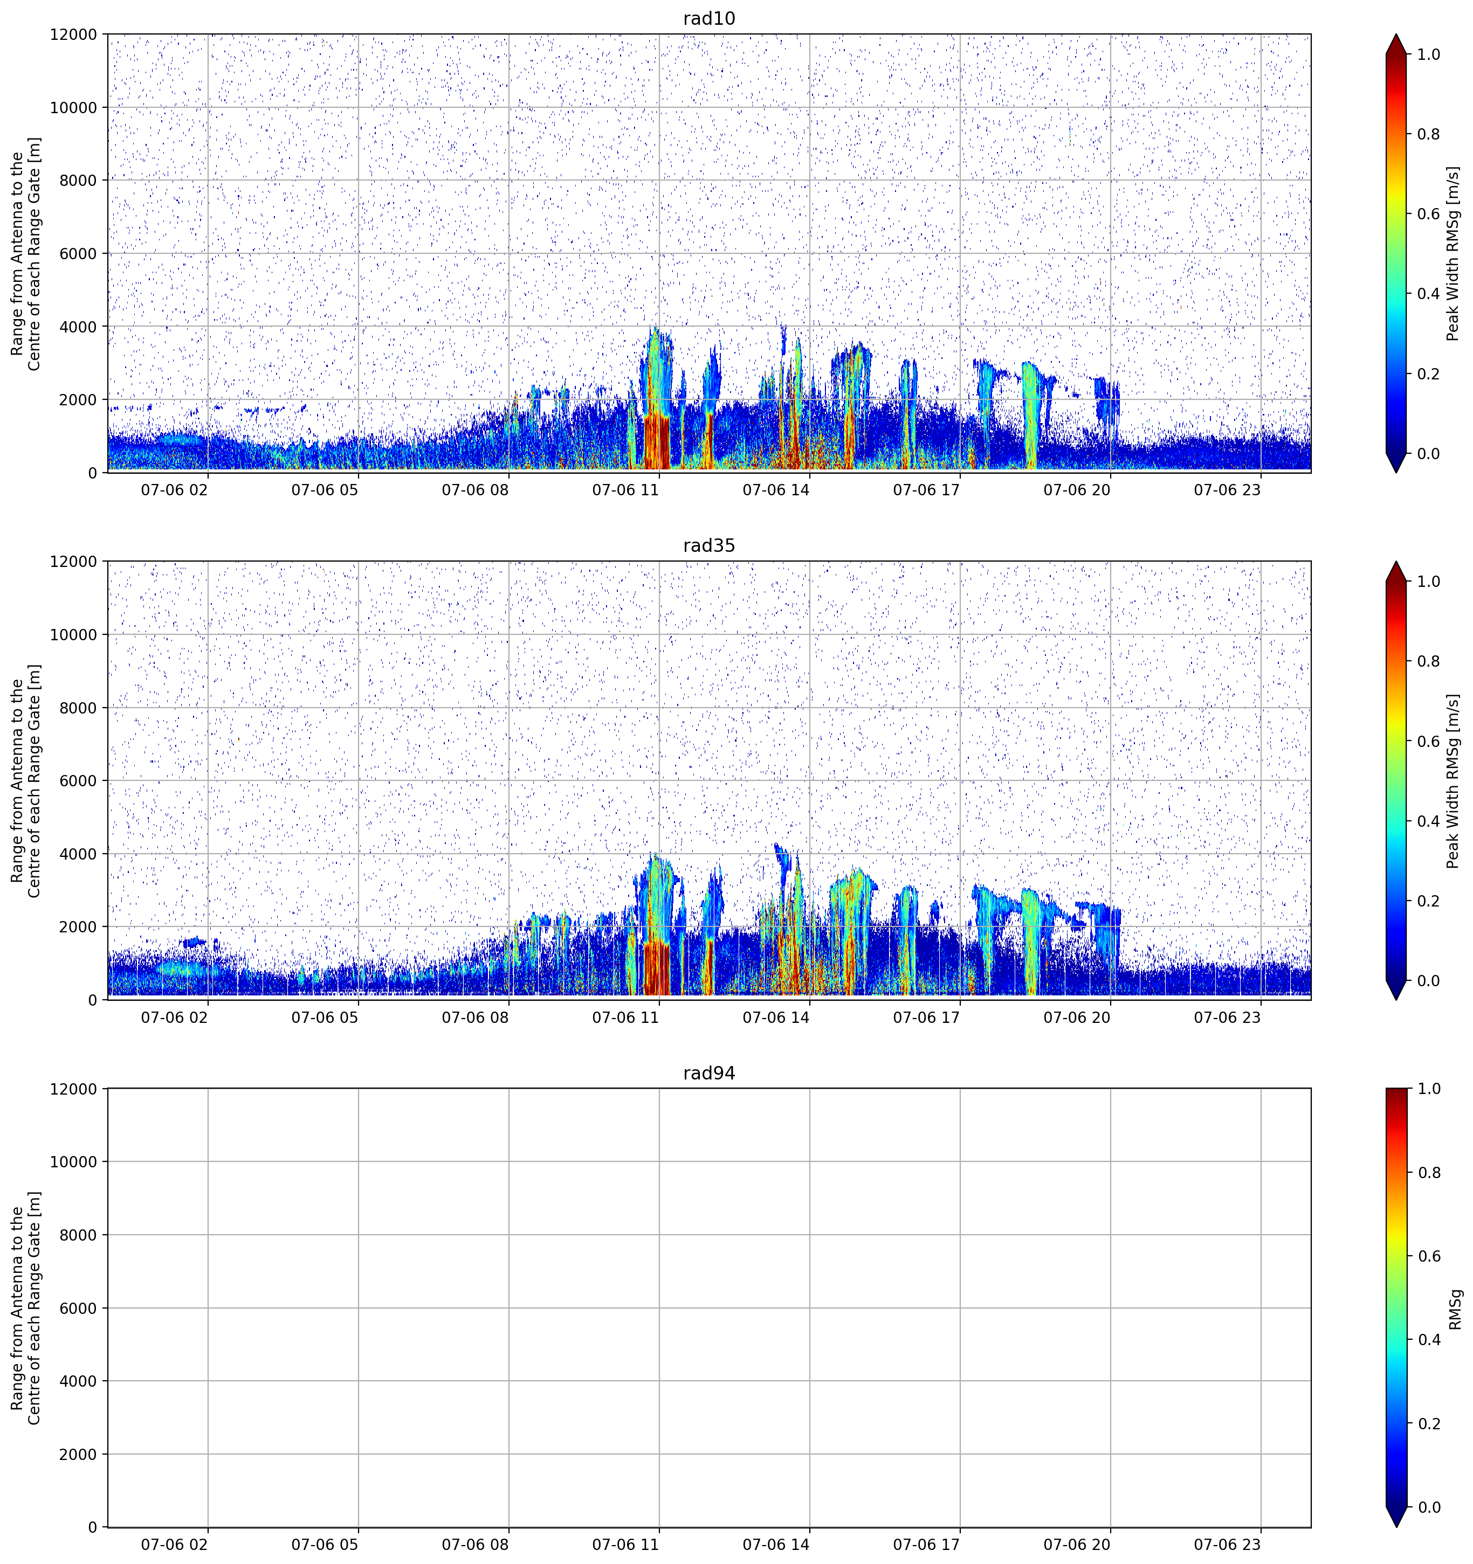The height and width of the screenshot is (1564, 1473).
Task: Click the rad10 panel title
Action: (709, 19)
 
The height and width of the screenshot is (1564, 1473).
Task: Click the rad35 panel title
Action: (709, 546)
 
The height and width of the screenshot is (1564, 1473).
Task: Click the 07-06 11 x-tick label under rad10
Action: (625, 490)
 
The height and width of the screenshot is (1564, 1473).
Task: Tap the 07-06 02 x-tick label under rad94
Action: (174, 1545)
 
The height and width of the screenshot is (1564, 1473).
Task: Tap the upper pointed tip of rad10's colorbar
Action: (1396, 34)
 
